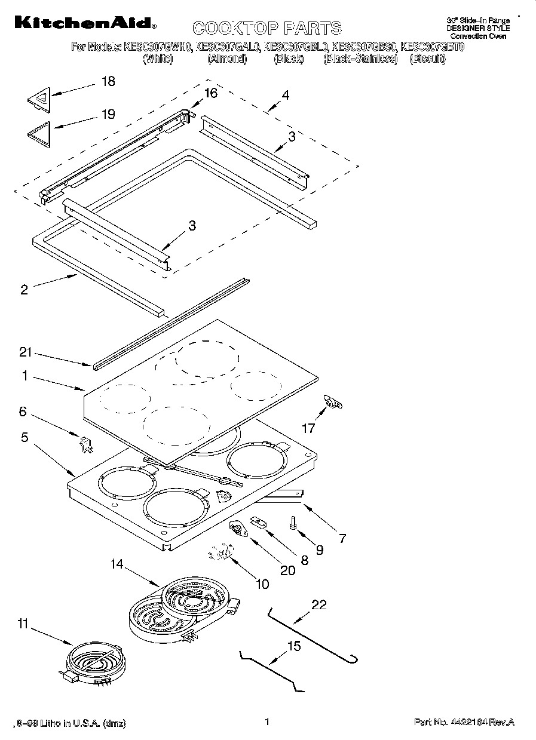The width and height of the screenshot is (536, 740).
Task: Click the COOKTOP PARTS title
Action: (267, 27)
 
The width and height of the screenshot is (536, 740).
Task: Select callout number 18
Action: (108, 82)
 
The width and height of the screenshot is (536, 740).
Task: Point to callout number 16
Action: (210, 93)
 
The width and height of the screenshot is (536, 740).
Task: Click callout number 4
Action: (286, 94)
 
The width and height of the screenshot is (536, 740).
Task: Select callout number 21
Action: (24, 352)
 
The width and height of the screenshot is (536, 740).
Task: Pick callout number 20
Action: (287, 570)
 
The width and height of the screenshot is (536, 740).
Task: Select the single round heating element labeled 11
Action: (93, 661)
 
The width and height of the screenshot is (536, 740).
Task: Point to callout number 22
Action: (319, 604)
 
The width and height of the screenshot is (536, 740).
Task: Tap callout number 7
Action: (342, 538)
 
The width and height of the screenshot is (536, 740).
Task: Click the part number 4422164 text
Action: (464, 723)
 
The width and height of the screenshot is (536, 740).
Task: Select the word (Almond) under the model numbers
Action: (227, 59)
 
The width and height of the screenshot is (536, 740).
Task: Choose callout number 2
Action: (24, 290)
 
